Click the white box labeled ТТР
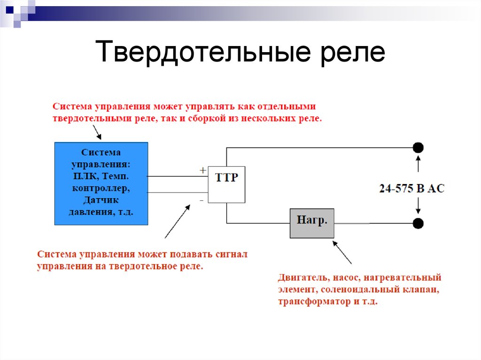point(226,184)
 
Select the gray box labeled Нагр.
point(312,223)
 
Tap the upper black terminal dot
point(418,148)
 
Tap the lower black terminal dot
point(418,223)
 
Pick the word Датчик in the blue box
point(101,200)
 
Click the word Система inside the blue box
point(101,153)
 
